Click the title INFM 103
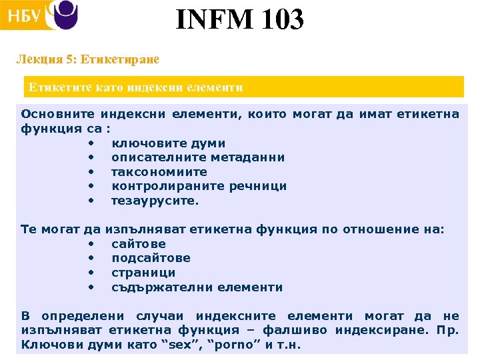240,19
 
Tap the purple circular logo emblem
65,15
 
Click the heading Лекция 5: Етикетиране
88,59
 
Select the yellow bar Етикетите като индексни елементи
243,87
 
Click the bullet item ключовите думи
168,143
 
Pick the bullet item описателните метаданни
198,157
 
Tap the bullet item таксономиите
159,172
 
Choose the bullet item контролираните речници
199,186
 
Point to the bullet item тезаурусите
155,201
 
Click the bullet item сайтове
139,244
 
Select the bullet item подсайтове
151,258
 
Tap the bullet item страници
143,273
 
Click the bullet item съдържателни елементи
197,287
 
